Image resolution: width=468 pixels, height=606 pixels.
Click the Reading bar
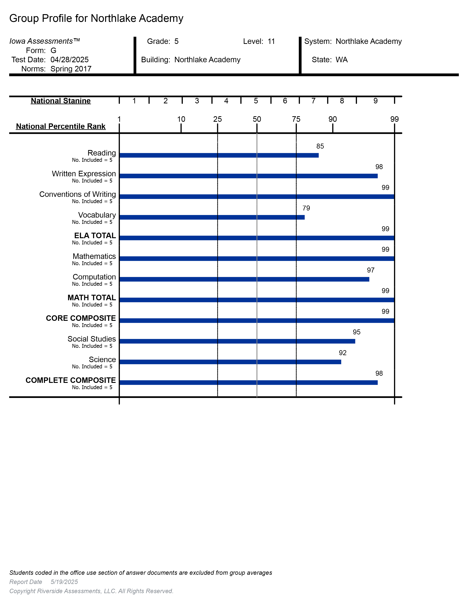219,155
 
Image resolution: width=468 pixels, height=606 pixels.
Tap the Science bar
230,362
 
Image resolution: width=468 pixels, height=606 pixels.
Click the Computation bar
244,279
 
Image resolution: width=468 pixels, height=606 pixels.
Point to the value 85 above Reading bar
320,146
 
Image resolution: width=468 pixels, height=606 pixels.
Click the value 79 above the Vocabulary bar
306,208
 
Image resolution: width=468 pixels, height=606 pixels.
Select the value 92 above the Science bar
343,353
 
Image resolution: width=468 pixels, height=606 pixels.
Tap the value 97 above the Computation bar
371,270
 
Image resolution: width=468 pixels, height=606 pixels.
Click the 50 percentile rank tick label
257,119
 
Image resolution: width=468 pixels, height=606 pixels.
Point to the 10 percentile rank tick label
181,119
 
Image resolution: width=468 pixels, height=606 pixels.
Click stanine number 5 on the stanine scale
256,101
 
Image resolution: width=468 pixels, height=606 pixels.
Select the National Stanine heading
61,101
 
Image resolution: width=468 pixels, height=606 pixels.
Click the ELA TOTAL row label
95,236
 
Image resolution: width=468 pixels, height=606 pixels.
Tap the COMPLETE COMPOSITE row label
71,380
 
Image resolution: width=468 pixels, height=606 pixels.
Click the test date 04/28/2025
70,60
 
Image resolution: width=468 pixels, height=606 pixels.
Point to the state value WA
342,60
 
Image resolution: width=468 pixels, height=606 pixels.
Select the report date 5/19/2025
64,582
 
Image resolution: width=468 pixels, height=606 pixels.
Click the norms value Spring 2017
71,69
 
